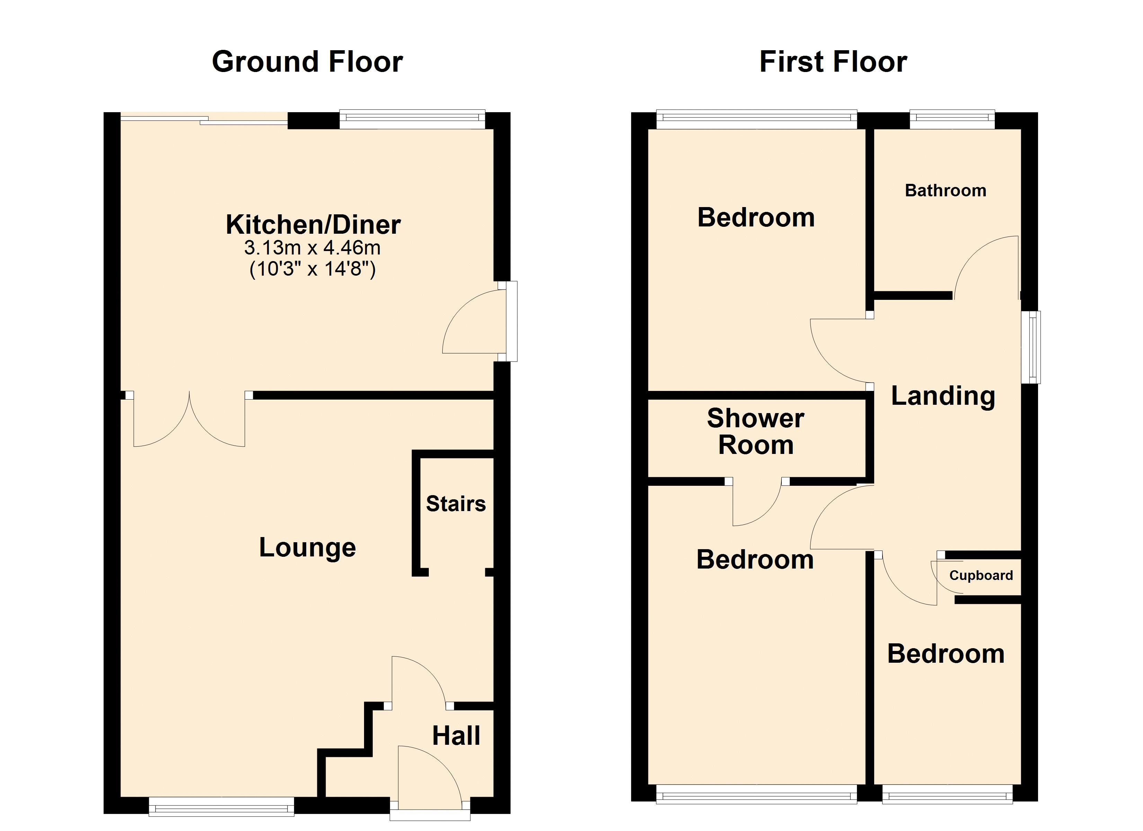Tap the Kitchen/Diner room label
pyautogui.click(x=313, y=225)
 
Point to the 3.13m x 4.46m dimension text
pyautogui.click(x=312, y=248)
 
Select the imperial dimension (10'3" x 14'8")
pyautogui.click(x=312, y=269)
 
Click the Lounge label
pyautogui.click(x=308, y=548)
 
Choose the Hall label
pyautogui.click(x=456, y=736)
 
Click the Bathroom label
pyautogui.click(x=946, y=190)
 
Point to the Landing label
pyautogui.click(x=943, y=396)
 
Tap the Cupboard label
pyautogui.click(x=981, y=575)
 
